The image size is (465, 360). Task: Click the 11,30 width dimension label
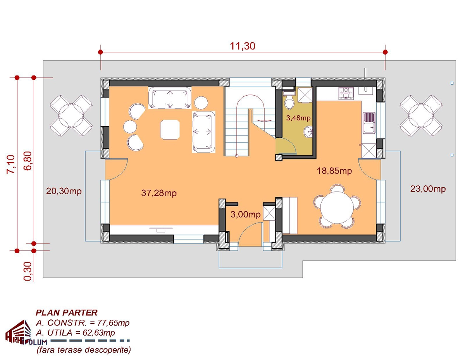pos(243,46)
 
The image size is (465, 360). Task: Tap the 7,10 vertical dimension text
pos(11,164)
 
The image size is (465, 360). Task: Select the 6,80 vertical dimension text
pos(28,161)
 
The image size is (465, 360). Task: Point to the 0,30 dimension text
pos(28,271)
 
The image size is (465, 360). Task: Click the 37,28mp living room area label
pos(159,193)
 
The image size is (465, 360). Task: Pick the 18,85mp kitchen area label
pos(334,171)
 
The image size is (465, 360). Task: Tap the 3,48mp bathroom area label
pos(298,118)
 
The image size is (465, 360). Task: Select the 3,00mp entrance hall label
pos(245,214)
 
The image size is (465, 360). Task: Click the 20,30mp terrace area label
pos(64,191)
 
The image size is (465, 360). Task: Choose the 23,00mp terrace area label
pos(428,189)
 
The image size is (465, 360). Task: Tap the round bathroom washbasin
pos(308,131)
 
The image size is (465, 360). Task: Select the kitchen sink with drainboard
pos(369,123)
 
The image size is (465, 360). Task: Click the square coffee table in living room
pos(170,130)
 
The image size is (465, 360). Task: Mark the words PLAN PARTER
pos(67,313)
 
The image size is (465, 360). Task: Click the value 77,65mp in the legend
pos(114,323)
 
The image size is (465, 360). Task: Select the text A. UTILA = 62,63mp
pos(76,333)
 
